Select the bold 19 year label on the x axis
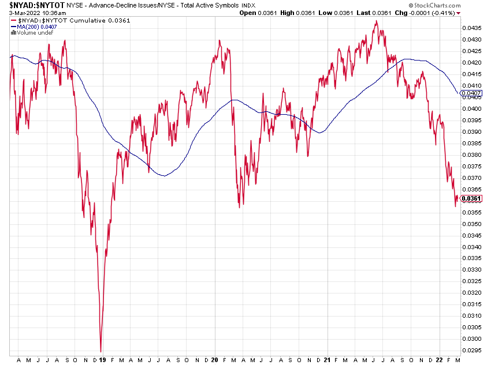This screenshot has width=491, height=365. [x=102, y=359]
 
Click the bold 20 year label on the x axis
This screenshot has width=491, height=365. [x=215, y=359]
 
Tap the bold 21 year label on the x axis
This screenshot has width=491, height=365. [x=328, y=359]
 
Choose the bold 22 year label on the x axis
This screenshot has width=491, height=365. [x=440, y=359]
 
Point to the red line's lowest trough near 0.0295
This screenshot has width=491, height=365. [x=101, y=351]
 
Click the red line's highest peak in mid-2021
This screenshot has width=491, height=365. [x=376, y=21]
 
